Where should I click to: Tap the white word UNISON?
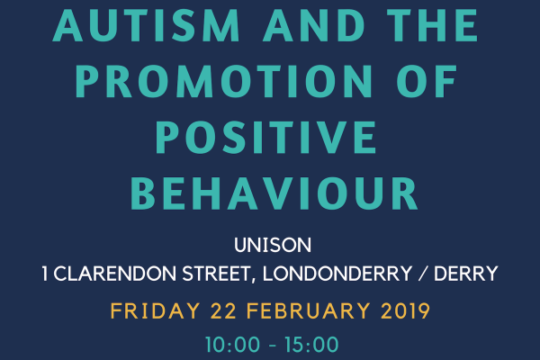pyautogui.click(x=270, y=246)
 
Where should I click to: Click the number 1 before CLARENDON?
pyautogui.click(x=45, y=274)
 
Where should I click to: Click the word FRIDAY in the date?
pyautogui.click(x=150, y=312)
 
